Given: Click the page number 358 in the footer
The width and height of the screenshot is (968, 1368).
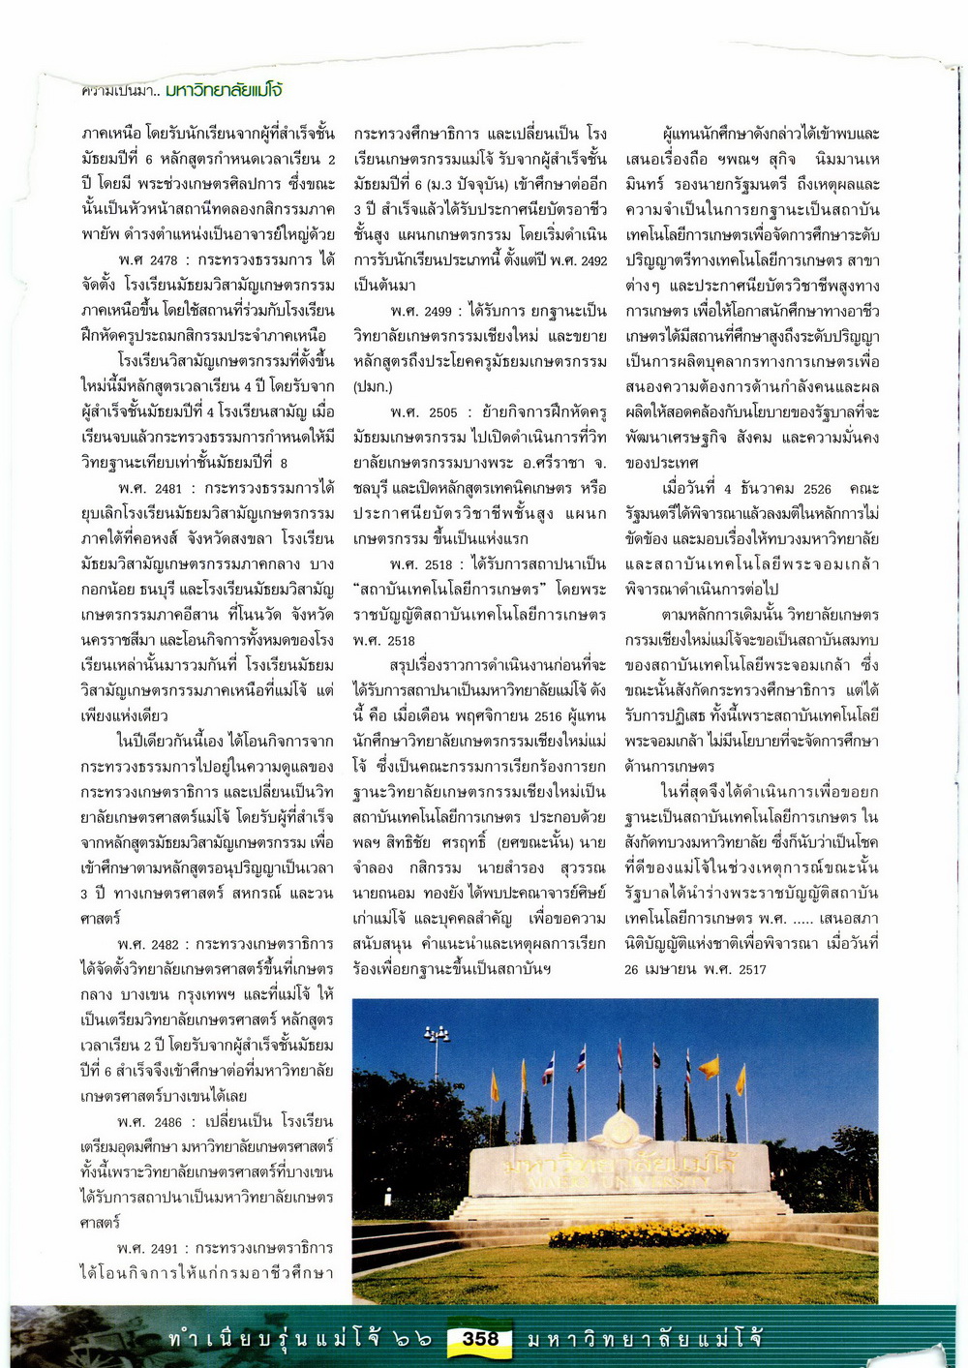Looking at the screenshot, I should [x=480, y=1339].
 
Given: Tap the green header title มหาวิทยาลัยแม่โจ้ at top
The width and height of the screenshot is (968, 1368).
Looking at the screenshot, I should [x=224, y=91].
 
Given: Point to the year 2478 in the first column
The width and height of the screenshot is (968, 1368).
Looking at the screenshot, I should [x=164, y=260].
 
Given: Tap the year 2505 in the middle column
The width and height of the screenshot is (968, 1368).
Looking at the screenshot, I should [x=442, y=412].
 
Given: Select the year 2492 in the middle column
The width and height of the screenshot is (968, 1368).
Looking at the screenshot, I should [x=590, y=260].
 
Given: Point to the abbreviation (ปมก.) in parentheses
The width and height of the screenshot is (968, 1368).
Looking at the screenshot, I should [x=373, y=387].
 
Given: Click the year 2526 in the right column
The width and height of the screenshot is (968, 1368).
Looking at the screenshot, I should [x=817, y=489].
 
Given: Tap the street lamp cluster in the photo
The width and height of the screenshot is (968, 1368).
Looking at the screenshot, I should [x=437, y=1035].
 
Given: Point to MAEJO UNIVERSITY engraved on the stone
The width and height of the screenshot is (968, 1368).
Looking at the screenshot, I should [x=620, y=1182].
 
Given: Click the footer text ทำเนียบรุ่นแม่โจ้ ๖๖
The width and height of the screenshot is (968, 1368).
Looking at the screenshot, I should [x=299, y=1339].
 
